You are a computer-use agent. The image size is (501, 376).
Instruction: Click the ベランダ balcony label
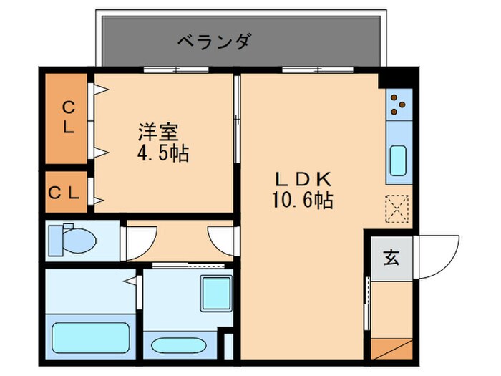pos(214,41)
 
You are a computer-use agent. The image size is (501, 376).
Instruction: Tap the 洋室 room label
pos(158,132)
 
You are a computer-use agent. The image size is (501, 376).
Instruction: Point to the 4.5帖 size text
pos(163,154)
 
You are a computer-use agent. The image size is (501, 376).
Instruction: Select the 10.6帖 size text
pos(301,201)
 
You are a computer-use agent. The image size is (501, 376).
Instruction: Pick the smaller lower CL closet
pos(67,192)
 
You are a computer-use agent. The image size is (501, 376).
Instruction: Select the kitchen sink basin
pos(399,162)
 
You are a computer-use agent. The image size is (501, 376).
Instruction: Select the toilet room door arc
pos(141,238)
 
